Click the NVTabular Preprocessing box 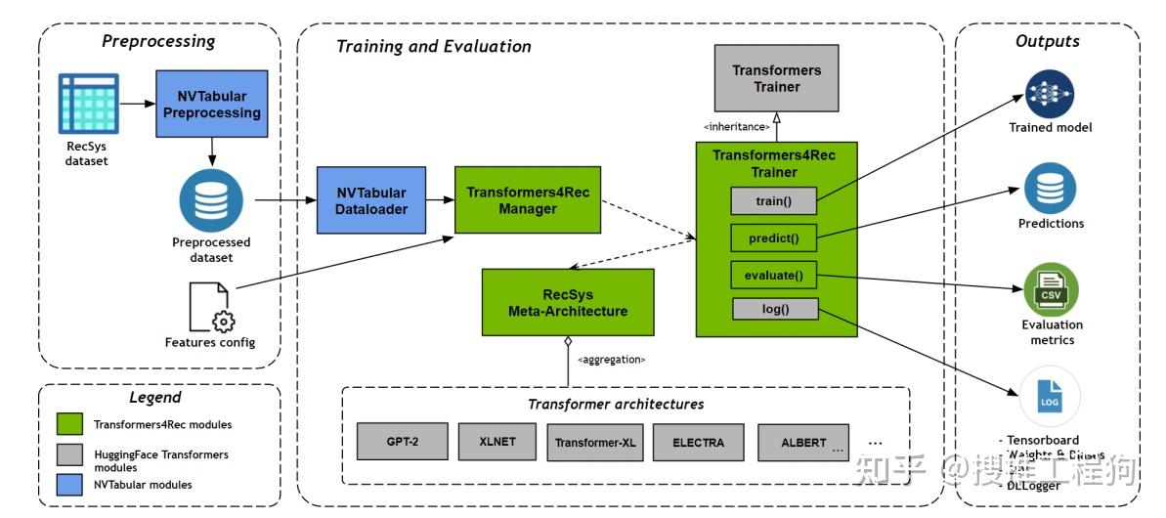[x=212, y=104]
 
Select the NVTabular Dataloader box [x=373, y=199]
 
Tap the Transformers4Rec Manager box [x=528, y=199]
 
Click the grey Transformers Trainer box [x=777, y=78]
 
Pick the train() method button [x=773, y=201]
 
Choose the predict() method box [x=773, y=238]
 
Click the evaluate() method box [x=773, y=276]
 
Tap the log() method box [x=773, y=310]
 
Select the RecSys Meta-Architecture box [x=568, y=302]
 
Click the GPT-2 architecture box [x=403, y=442]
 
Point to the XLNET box [x=497, y=442]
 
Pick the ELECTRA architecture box [x=699, y=442]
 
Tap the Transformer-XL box [x=595, y=442]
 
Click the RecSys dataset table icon [x=88, y=103]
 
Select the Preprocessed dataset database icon [x=211, y=200]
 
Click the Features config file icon [x=211, y=306]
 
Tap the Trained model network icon [x=1050, y=93]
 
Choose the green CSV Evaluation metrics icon [x=1051, y=289]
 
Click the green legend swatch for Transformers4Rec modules [x=68, y=425]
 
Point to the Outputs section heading [x=1047, y=41]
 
